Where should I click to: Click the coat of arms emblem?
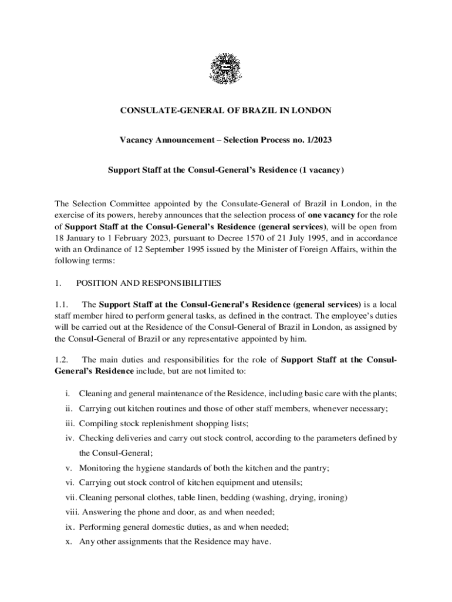(226, 69)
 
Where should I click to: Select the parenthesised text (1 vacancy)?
(321, 170)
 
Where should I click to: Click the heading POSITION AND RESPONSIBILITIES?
(149, 283)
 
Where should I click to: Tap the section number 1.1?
(62, 305)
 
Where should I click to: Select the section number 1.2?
(62, 360)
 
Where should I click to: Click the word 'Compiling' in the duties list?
(97, 423)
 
